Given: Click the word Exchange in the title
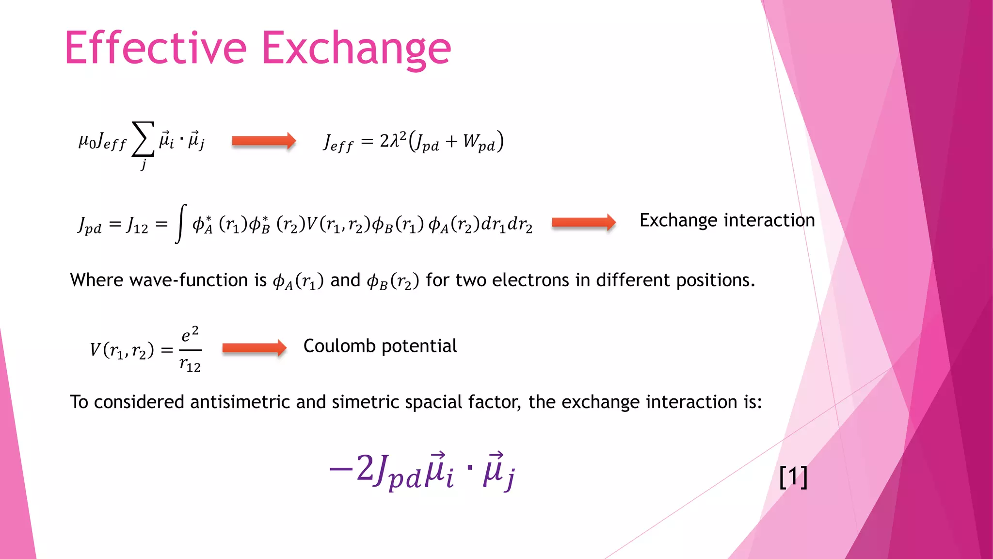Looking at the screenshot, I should click(x=356, y=49).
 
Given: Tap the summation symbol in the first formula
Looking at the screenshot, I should click(x=143, y=139).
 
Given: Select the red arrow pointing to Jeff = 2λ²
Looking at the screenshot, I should click(x=263, y=141).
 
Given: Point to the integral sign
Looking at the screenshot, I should click(x=181, y=223).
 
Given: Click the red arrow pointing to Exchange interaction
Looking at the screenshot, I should click(x=583, y=222).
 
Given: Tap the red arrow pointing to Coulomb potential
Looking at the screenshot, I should click(x=254, y=347).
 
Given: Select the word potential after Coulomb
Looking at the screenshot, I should click(x=419, y=346).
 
